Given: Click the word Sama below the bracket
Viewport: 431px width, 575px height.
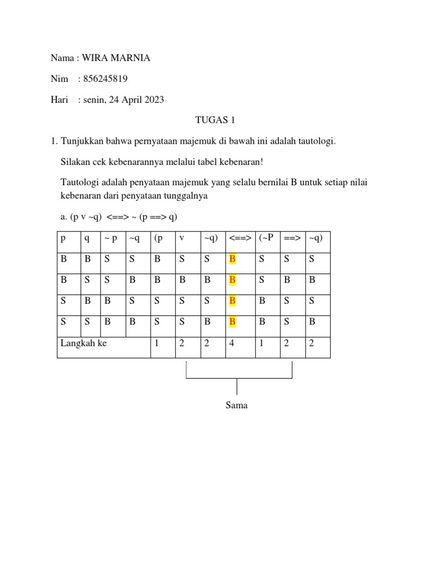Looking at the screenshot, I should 236,405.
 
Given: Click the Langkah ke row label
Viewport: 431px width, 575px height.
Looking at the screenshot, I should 84,343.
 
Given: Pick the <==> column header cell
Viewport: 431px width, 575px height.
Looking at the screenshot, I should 240,238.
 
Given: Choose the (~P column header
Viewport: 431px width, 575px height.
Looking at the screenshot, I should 266,238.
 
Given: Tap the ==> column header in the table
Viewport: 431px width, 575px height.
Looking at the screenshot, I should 292,238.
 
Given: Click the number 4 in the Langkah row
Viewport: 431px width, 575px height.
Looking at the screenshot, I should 232,343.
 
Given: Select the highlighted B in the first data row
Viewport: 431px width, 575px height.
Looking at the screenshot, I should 232,259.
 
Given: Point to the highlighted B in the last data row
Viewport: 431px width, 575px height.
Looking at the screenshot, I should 232,322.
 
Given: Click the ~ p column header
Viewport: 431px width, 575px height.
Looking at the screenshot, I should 111,238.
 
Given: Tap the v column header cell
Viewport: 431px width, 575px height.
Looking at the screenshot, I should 182,238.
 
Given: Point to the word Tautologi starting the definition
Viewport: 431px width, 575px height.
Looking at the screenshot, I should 79,182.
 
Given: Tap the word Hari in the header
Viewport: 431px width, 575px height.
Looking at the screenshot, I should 59,99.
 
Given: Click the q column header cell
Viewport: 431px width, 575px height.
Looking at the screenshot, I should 87,238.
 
